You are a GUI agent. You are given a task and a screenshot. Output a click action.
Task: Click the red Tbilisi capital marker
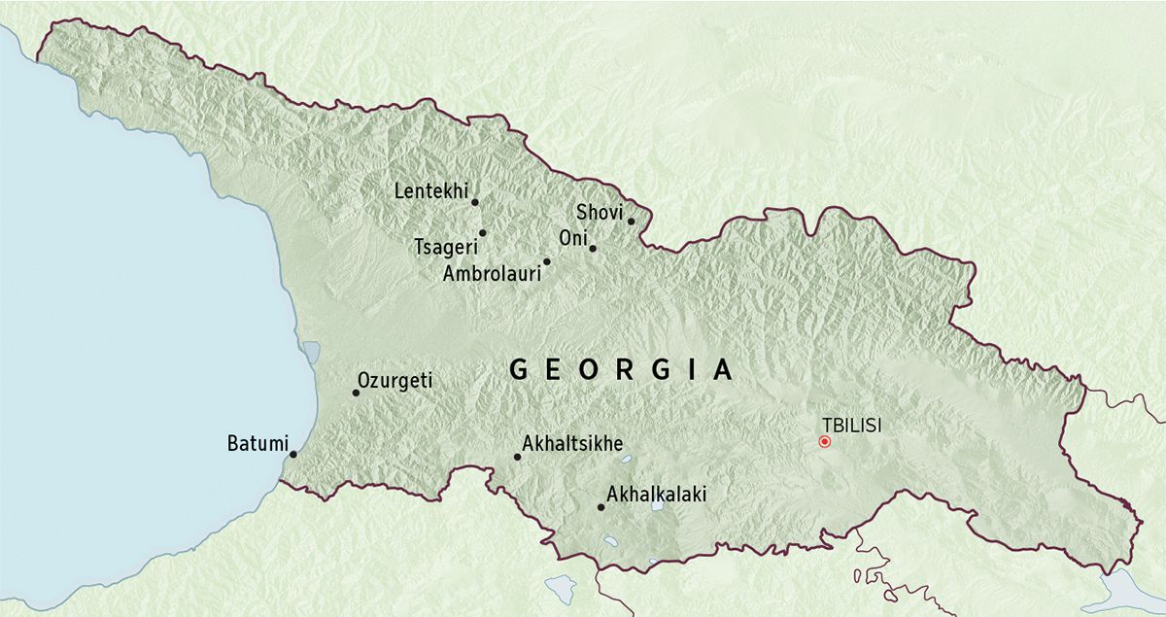(825, 441)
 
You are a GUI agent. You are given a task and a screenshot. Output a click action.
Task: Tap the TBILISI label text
(852, 425)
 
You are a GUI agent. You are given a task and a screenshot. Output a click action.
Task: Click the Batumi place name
(257, 445)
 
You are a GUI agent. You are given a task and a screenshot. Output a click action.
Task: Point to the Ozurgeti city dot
(355, 393)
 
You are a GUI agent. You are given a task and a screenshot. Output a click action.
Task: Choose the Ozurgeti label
(394, 381)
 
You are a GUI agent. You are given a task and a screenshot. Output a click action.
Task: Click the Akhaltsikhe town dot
(517, 457)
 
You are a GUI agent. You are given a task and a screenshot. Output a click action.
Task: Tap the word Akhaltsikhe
(572, 444)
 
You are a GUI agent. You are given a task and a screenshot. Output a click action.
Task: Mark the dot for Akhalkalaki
(600, 507)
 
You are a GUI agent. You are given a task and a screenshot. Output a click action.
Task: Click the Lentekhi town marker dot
(475, 202)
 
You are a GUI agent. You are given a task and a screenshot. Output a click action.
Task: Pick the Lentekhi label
(430, 191)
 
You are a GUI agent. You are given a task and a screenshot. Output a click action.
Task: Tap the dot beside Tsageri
(482, 233)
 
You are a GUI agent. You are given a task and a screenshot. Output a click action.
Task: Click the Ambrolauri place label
(492, 274)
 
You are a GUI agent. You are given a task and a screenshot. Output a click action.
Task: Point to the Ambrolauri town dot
(546, 261)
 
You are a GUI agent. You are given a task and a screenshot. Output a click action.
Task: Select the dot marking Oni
(592, 249)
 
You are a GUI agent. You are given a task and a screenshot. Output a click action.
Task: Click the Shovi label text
(599, 212)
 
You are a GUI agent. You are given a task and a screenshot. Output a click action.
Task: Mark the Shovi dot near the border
(631, 222)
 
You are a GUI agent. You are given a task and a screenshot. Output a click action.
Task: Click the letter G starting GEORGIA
(519, 370)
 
